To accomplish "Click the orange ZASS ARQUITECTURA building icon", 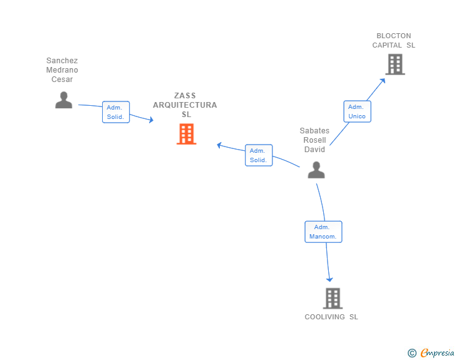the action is (187, 134).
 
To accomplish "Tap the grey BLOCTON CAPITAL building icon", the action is (395, 64).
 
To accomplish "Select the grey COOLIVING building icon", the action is (333, 299).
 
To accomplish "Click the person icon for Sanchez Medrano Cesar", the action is (64, 100).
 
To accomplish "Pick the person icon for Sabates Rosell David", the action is (316, 170).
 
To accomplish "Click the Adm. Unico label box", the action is (357, 111).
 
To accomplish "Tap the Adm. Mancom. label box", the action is (323, 232).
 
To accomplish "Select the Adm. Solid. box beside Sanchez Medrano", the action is (116, 112).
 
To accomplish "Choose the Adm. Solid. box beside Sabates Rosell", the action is (259, 155).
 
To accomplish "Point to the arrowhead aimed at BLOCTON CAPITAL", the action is (383, 81).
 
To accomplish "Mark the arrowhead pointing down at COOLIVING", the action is (329, 279).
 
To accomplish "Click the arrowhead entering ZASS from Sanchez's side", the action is (151, 120).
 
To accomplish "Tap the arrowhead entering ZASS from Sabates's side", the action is (220, 145).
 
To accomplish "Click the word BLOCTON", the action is (394, 36).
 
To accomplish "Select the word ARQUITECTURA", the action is (185, 105).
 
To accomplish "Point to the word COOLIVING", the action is (324, 317).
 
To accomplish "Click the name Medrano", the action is (62, 69).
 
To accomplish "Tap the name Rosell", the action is (314, 140).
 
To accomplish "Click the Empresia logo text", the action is (437, 352).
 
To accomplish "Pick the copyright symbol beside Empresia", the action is (412, 353).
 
